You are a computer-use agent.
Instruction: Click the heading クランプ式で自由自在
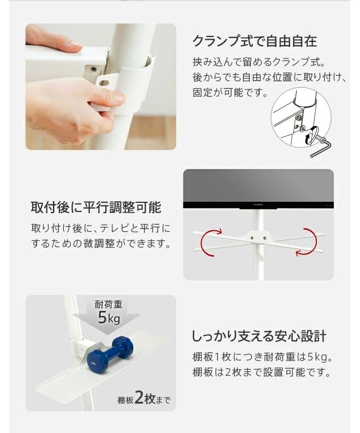click(254, 41)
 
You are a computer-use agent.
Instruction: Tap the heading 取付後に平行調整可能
click(96, 208)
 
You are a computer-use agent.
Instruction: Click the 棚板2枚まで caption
click(143, 399)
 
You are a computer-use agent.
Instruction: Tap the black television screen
click(258, 185)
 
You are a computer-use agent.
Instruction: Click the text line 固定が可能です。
click(230, 93)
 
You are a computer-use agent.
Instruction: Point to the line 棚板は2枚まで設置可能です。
click(261, 373)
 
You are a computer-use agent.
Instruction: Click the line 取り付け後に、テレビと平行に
click(100, 227)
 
